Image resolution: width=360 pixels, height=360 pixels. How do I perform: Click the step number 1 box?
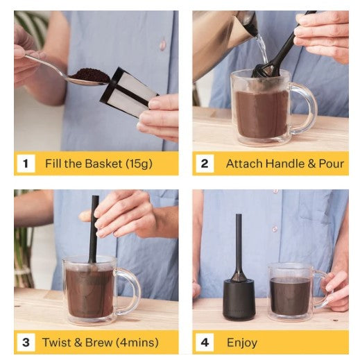[x=26, y=164]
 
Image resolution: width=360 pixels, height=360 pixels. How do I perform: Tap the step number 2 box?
[x=205, y=164]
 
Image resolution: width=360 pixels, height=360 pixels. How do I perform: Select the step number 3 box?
[x=26, y=343]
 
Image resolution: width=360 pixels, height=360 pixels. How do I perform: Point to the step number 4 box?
[x=205, y=343]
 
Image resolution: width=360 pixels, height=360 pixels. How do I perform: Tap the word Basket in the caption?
[x=103, y=164]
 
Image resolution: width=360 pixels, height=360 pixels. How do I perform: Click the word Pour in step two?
[x=332, y=164]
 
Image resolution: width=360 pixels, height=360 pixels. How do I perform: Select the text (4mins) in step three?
[x=137, y=343]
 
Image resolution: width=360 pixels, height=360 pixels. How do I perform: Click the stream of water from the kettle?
[x=262, y=48]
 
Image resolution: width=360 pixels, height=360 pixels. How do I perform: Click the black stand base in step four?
[x=239, y=300]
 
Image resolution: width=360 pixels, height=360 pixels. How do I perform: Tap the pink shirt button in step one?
[x=163, y=44]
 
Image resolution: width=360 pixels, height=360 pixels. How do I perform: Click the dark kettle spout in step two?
[x=251, y=26]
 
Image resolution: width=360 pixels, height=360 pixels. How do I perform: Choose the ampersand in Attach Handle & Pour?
[x=311, y=164]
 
